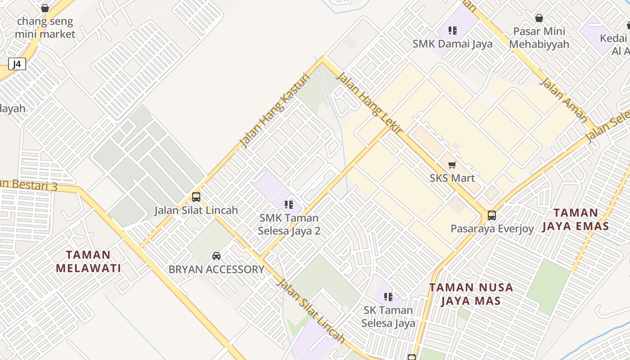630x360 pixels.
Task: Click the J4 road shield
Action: coord(17,64)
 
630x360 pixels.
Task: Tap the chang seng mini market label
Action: coord(45,27)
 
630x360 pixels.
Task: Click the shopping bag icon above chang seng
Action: coord(45,8)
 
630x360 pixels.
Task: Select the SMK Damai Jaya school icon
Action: coord(453,31)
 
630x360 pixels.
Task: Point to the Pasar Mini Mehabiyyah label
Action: coord(539,38)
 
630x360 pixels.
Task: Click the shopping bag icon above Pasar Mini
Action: coord(539,18)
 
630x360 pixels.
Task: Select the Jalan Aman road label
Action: coord(563,100)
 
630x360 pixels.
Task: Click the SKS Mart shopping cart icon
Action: coord(452,165)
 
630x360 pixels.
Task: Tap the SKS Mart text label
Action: coord(452,178)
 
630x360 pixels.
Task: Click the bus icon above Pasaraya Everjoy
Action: coord(492,216)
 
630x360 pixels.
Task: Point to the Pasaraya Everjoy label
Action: coord(492,229)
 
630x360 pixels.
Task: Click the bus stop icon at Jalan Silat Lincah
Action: coord(196,197)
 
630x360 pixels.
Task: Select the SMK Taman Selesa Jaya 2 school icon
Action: coord(289,205)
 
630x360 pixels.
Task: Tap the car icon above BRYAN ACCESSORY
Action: coord(216,256)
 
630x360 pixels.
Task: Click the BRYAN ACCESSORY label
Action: coord(216,270)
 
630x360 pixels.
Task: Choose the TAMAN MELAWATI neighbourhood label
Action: coord(89,261)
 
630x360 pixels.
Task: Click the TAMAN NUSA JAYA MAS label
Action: coord(471,294)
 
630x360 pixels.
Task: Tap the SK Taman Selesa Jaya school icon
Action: coord(388,297)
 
